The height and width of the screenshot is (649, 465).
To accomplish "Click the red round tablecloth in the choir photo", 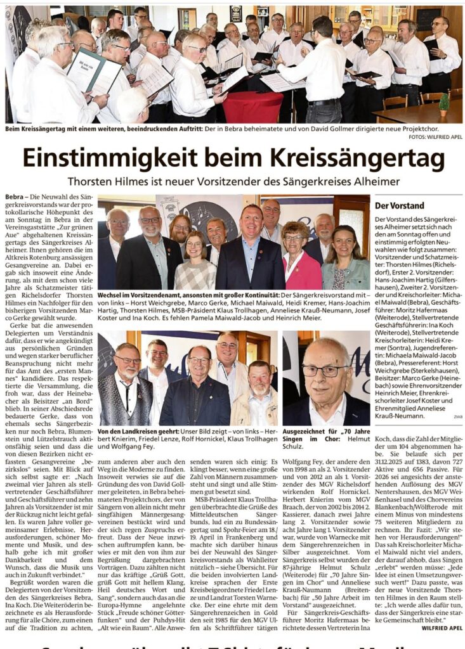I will (252, 106).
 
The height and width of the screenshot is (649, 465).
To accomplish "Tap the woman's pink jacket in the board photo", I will (303, 271).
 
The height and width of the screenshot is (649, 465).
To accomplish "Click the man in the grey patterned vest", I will (126, 393).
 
